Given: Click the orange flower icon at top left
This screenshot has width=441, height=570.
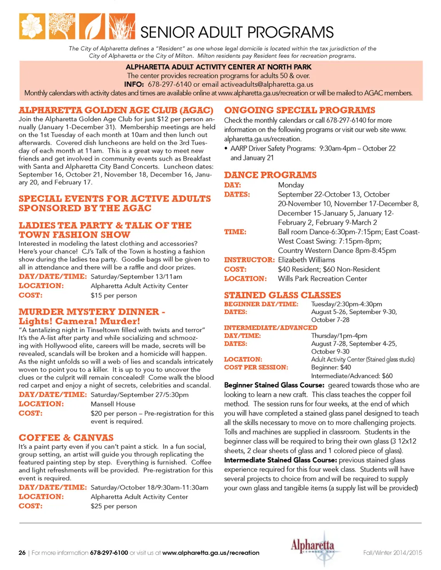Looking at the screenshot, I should point(32,26).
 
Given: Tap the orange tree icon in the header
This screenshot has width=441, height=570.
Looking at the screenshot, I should point(62,26).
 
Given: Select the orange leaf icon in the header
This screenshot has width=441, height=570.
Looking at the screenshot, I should point(92,26).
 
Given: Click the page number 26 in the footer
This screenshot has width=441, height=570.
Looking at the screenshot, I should point(22,553).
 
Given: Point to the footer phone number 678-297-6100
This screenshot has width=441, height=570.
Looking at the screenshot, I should point(109,553).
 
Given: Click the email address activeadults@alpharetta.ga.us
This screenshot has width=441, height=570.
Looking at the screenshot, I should point(267,84).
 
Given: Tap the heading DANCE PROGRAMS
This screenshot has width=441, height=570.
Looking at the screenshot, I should point(270,175).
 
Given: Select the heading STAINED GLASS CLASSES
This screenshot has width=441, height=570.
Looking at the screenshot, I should point(283,295).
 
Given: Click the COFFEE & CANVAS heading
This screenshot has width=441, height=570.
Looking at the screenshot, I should point(66,437).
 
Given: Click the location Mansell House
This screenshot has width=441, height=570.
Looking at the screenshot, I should point(113,404).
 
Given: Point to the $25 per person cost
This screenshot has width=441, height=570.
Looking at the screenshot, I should point(114,506).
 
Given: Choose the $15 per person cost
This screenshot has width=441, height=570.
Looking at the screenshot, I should point(114,295).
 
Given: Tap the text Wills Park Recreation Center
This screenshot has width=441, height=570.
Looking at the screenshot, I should point(322,279).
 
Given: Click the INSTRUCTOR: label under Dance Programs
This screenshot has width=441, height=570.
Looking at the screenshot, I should point(249,260).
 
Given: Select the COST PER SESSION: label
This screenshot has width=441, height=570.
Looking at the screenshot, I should point(256,367).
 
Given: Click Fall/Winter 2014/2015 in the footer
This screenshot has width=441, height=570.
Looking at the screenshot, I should point(392,553).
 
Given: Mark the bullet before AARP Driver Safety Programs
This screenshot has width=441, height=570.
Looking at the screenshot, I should point(226,149).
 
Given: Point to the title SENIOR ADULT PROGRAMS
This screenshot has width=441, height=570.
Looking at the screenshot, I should point(237,32).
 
